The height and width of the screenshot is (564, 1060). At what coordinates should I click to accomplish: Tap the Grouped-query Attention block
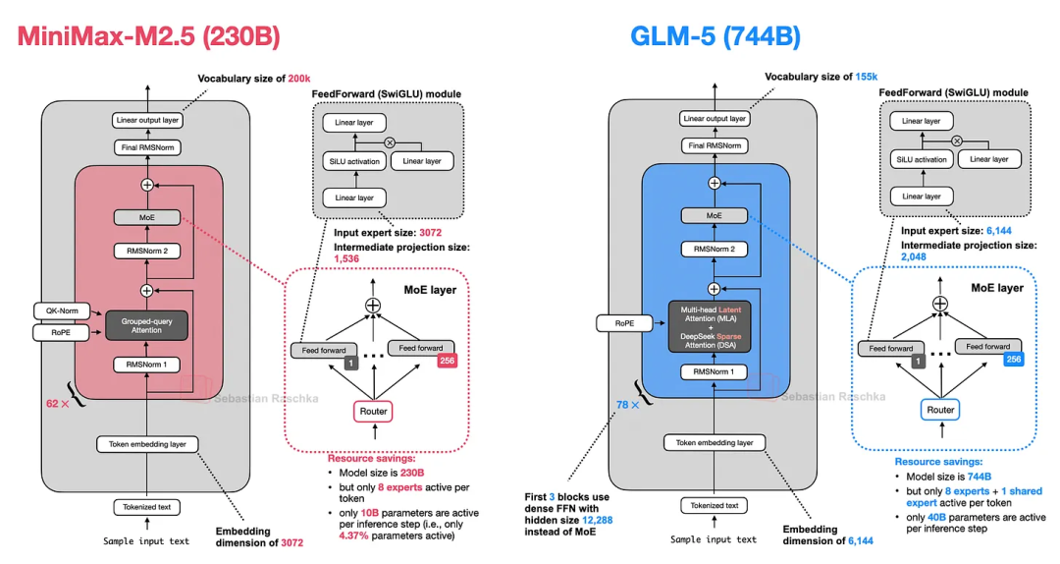pos(146,325)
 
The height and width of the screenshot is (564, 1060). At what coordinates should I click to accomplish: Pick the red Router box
pos(373,412)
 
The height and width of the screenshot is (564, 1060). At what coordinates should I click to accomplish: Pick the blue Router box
pos(940,410)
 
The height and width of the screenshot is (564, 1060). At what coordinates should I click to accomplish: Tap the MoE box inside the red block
pos(146,216)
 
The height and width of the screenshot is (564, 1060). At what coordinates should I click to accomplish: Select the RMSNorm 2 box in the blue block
pos(714,249)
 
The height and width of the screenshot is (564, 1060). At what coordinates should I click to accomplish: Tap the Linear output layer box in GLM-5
pos(714,119)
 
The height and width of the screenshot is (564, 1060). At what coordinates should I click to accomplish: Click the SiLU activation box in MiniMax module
pos(352,160)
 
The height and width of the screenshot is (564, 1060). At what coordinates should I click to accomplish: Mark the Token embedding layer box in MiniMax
pos(146,444)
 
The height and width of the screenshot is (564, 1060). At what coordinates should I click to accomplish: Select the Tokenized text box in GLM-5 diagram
pos(714,505)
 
